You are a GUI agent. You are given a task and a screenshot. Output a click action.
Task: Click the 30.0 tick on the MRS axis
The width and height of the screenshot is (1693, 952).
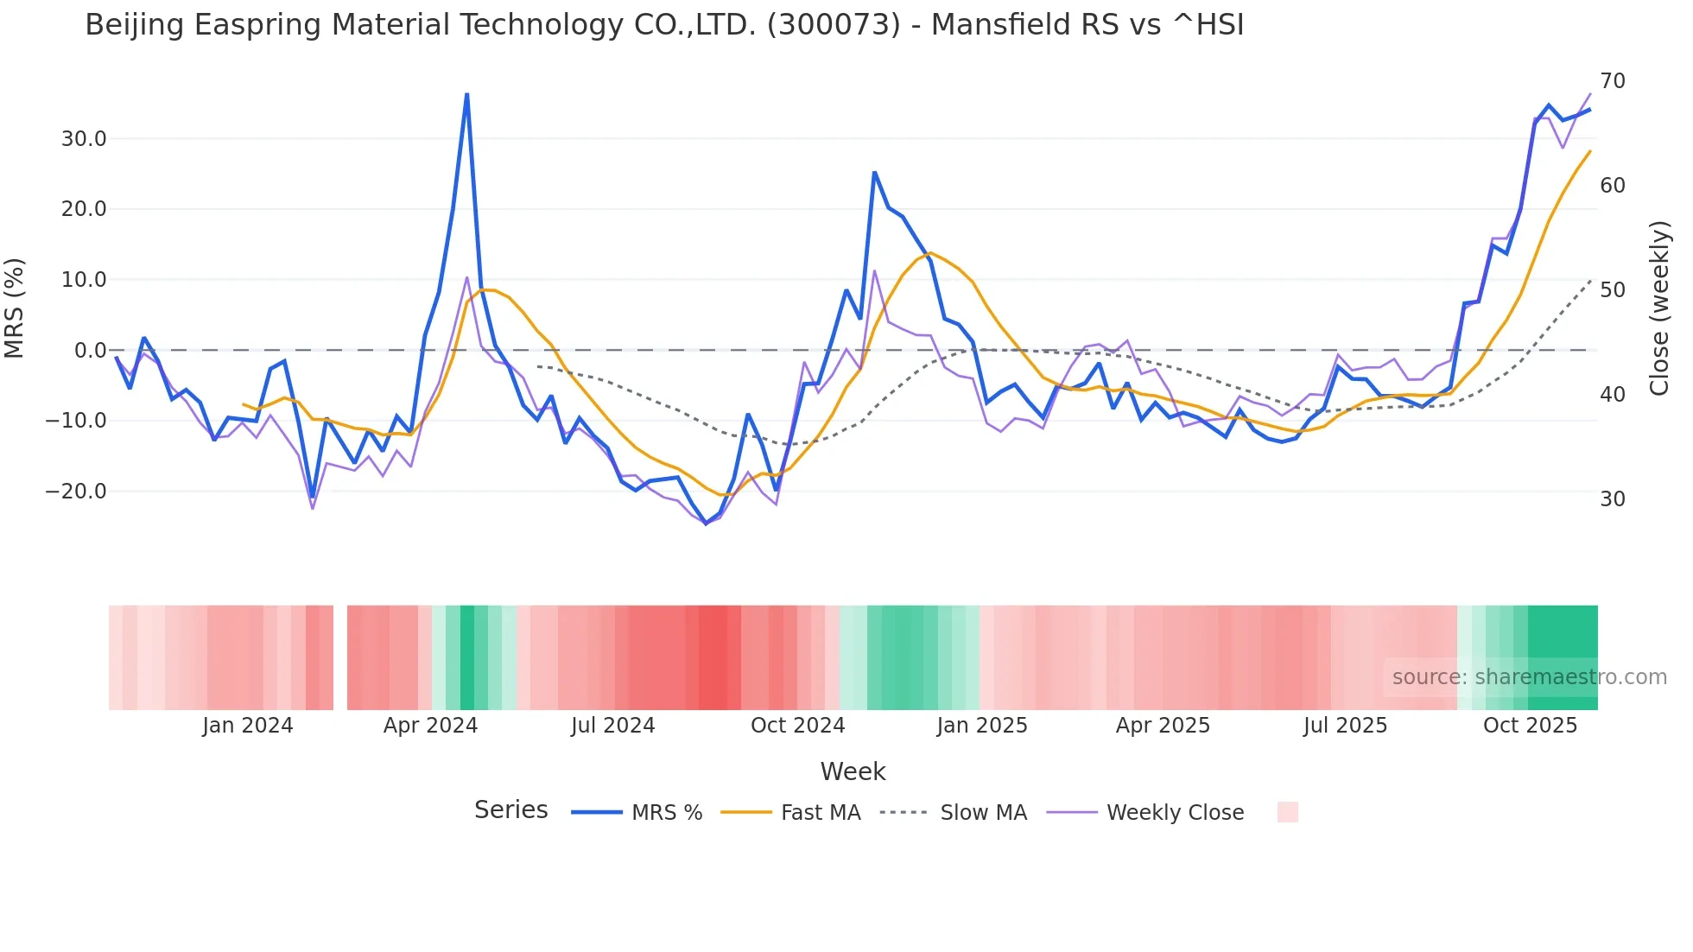83,139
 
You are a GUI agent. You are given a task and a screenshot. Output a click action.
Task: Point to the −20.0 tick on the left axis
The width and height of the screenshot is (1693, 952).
76,492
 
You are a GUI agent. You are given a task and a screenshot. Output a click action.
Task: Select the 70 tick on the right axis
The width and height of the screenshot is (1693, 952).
1612,81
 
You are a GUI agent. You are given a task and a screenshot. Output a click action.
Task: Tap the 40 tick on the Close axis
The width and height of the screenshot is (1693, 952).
1612,395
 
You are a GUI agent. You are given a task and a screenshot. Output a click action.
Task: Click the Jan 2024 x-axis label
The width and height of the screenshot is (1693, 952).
248,726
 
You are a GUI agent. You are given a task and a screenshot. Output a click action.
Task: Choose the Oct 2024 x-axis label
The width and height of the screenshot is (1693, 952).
797,726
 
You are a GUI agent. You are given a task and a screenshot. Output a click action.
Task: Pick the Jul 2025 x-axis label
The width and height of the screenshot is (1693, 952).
1345,726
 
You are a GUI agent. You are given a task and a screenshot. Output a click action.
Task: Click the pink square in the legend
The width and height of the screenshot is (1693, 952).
1287,812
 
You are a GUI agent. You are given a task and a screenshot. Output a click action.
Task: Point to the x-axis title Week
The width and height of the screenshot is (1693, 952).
853,771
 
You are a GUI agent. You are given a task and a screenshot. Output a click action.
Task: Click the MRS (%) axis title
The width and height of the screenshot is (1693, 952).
15,308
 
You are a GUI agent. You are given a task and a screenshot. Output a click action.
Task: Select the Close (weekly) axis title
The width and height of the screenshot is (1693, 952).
1659,308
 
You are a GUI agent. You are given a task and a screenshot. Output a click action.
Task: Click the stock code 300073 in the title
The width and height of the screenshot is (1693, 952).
834,25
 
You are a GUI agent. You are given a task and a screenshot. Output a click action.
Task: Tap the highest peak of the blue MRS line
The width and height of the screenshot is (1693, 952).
466,94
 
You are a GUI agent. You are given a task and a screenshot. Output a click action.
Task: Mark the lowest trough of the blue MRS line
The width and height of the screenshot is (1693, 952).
706,524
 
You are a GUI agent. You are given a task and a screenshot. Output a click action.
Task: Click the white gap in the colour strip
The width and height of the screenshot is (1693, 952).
340,657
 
